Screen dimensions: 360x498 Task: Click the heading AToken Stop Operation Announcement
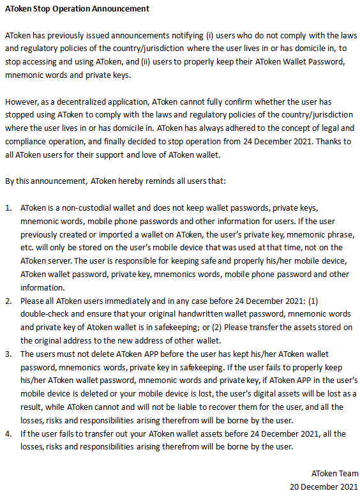77,9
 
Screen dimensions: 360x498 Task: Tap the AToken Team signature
334,473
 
